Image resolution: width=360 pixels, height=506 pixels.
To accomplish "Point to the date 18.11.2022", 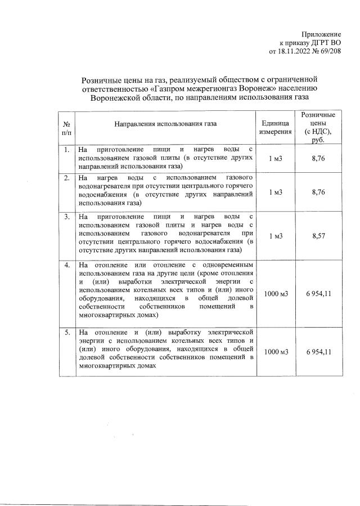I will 298,52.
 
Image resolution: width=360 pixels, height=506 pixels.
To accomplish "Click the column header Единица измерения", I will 275,127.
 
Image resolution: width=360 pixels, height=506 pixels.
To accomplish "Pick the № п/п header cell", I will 66,127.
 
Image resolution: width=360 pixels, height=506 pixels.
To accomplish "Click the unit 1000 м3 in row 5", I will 276,352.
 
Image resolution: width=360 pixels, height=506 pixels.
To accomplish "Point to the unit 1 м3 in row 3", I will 276,236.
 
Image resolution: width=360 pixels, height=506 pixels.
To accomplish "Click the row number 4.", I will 66,265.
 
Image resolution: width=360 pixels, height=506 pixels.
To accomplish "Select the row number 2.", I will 66,178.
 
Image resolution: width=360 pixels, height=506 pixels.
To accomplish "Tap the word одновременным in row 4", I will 225,265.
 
